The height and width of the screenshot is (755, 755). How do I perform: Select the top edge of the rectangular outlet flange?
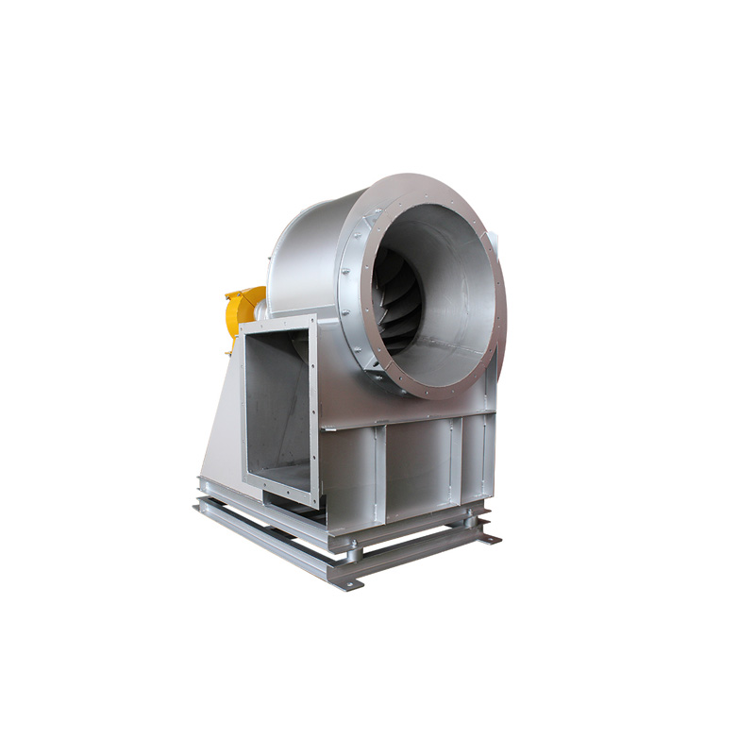click(277, 323)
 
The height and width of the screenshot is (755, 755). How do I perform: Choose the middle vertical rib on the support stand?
click(451, 462)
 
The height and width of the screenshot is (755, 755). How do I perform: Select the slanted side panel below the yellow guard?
click(219, 415)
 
